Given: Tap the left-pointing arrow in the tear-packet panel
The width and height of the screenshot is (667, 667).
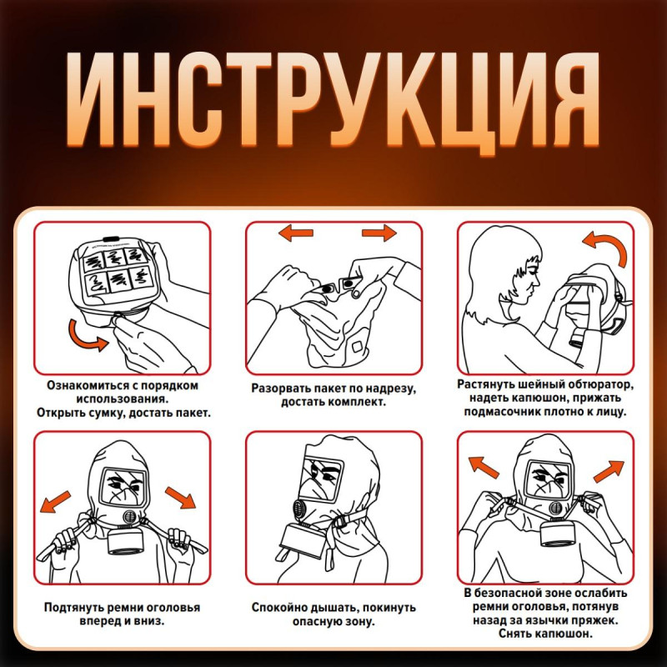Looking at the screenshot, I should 296,233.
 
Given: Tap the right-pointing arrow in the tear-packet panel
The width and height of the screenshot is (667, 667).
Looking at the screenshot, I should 377,233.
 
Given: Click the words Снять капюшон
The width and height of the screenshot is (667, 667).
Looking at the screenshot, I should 545,634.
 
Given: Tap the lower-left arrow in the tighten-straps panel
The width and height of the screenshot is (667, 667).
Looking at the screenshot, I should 56,499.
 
